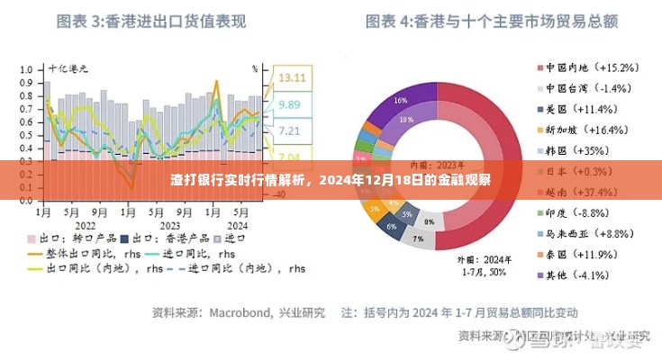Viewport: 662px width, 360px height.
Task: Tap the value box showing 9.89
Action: [x=290, y=105]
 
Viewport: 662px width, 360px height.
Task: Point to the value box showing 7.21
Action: [x=290, y=131]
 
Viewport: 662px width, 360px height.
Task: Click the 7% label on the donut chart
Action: [x=416, y=238]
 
